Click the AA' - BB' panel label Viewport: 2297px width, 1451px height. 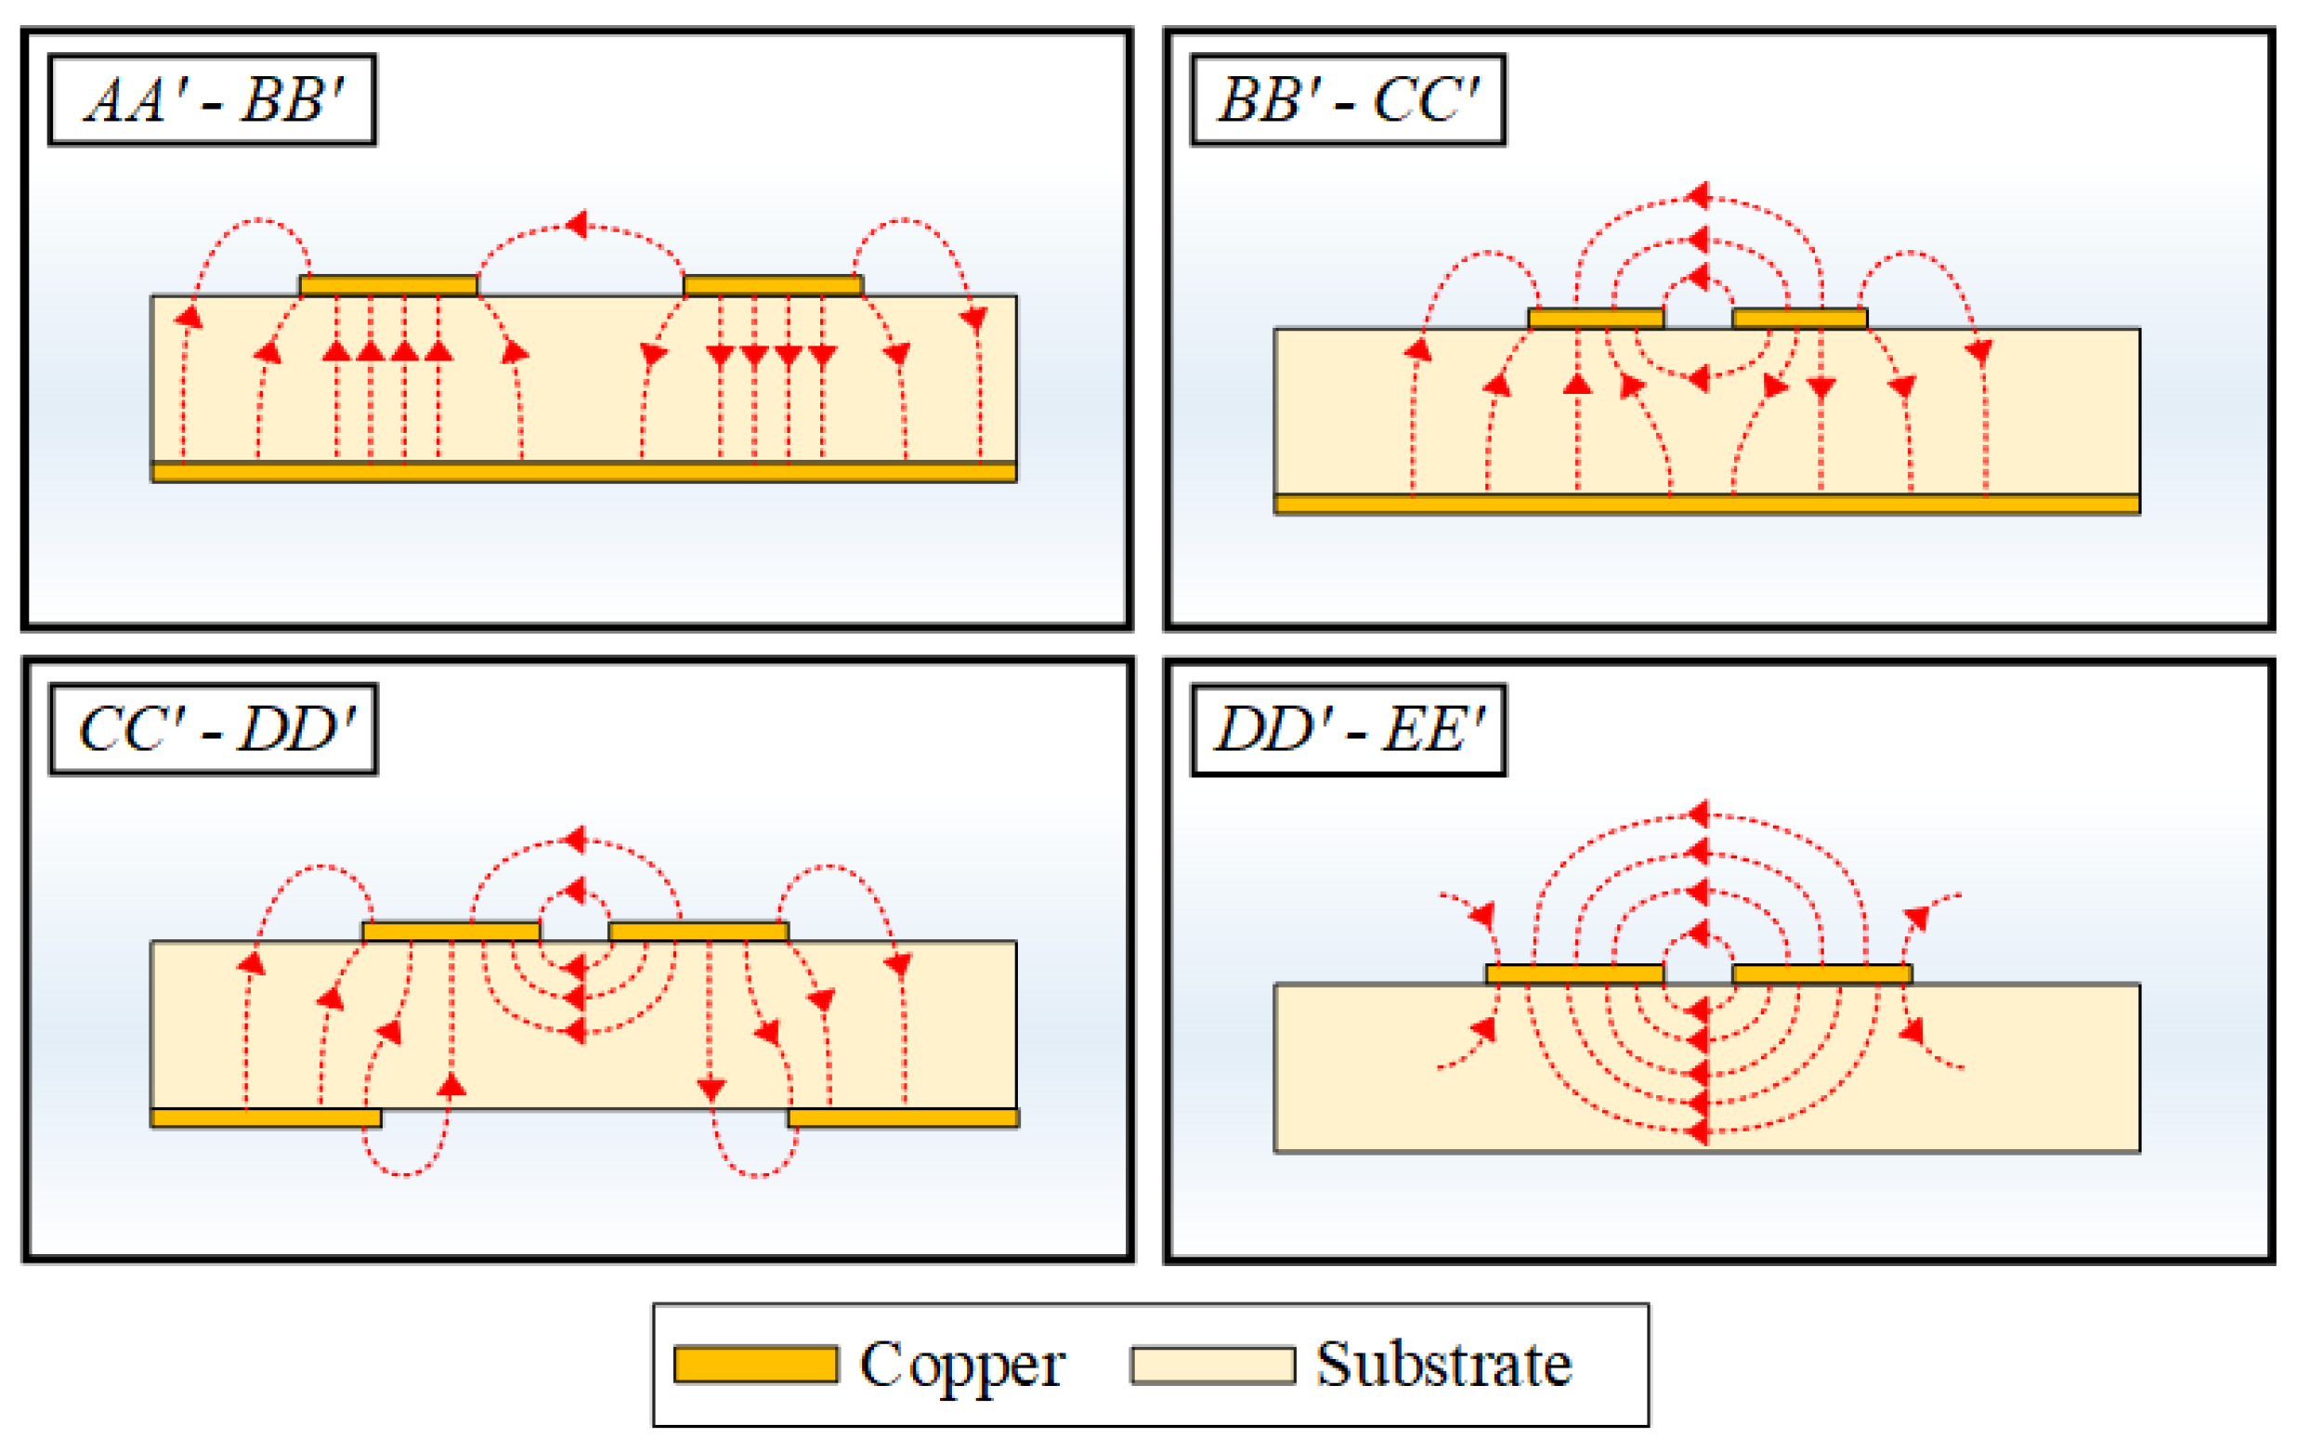coord(212,99)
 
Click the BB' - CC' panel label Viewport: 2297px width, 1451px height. coord(1347,99)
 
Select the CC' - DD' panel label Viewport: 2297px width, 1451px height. coord(214,729)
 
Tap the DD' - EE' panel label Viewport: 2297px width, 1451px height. coord(1347,730)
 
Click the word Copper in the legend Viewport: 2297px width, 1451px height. coord(961,1366)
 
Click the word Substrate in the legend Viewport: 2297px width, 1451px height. coord(1443,1365)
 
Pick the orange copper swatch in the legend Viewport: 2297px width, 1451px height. coord(755,1365)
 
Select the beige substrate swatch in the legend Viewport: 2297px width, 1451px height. coord(1212,1366)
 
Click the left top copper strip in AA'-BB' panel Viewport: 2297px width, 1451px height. coord(388,285)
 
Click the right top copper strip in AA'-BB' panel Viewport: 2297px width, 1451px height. coord(774,285)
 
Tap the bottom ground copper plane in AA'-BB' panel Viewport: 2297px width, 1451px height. coord(584,472)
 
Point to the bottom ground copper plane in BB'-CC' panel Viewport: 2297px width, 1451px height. coord(1706,503)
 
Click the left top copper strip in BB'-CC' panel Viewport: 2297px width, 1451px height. coord(1596,319)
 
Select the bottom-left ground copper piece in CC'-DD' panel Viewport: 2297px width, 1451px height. coord(267,1118)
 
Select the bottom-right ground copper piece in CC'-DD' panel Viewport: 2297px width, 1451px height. coord(904,1118)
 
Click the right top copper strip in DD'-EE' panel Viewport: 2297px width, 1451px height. coord(1822,974)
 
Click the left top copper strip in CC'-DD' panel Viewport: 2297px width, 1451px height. coord(451,931)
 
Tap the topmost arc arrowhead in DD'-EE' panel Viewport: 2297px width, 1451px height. coord(1698,814)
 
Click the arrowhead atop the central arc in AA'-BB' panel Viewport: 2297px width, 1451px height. coord(576,225)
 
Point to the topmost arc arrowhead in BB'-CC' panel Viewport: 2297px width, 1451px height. coord(1697,196)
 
